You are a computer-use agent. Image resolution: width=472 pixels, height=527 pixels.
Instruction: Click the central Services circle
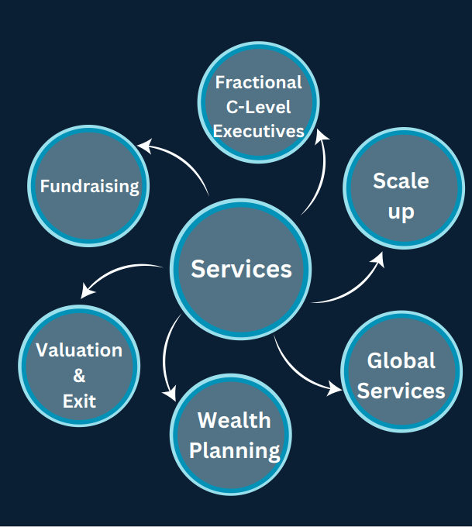(x=241, y=269)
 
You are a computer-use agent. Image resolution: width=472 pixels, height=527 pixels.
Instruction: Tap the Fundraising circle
(x=89, y=186)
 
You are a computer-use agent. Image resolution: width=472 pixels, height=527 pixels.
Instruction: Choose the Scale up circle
(x=401, y=195)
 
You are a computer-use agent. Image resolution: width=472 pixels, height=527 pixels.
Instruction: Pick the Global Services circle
(x=401, y=375)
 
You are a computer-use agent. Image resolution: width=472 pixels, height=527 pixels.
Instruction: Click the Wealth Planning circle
(x=234, y=435)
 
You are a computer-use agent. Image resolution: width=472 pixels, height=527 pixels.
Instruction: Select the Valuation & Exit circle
(x=79, y=376)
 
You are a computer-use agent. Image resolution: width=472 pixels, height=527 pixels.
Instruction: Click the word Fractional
(x=259, y=82)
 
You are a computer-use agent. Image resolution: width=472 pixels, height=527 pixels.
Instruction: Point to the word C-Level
(x=259, y=107)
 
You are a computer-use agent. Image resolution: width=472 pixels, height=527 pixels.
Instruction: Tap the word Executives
(x=259, y=131)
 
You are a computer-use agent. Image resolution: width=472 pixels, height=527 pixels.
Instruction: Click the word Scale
(x=401, y=181)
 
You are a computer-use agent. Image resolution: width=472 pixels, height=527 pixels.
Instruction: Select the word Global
(x=401, y=360)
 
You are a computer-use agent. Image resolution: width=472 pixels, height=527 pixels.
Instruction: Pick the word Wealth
(x=234, y=420)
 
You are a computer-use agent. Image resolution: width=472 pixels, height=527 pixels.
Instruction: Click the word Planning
(x=234, y=449)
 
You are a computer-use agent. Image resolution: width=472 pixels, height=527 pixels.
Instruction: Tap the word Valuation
(x=79, y=350)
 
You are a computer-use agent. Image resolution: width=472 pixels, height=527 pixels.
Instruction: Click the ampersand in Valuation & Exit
(x=79, y=377)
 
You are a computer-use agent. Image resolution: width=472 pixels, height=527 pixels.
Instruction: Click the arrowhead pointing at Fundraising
(x=143, y=145)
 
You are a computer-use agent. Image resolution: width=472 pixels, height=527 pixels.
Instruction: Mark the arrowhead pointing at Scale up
(x=377, y=257)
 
